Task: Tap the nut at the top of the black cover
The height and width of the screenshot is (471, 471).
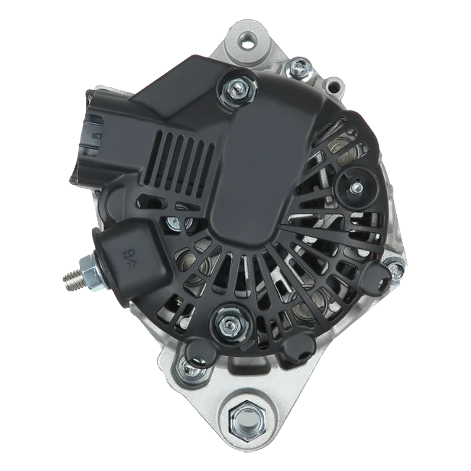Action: pos(237,89)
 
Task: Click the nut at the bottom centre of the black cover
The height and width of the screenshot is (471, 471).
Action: pos(230,323)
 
